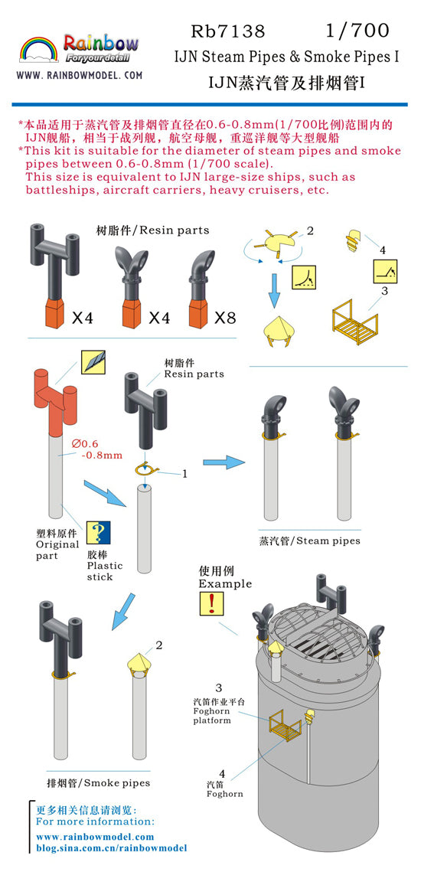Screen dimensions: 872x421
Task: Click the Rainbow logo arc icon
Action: (x=38, y=50)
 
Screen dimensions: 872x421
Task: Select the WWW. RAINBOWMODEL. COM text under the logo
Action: (x=79, y=76)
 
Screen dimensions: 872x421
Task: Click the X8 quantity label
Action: (x=225, y=317)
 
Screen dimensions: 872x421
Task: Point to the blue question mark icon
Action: (x=98, y=532)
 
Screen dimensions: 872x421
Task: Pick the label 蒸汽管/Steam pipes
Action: (x=309, y=541)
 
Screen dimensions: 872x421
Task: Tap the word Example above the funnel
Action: (x=225, y=583)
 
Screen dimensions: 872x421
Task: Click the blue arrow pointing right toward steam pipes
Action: (x=223, y=462)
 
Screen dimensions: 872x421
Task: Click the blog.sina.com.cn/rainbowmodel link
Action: (x=112, y=848)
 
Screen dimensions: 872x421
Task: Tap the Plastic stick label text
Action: (x=100, y=571)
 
